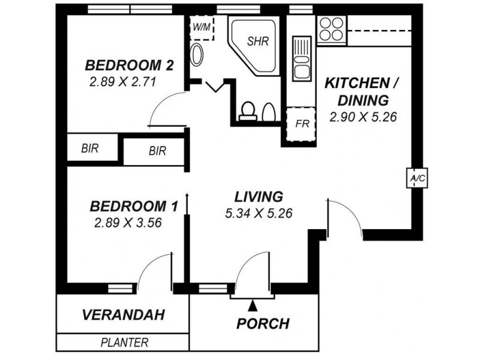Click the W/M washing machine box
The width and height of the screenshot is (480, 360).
(202, 28)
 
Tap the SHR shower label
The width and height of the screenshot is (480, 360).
(258, 41)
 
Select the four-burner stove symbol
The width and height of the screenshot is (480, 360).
(331, 29)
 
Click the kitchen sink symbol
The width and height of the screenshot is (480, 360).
(302, 58)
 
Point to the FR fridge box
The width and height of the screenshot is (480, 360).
(301, 124)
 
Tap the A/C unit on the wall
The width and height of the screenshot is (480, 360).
(417, 178)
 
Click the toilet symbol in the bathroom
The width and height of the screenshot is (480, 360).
(248, 111)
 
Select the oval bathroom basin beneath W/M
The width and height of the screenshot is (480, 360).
(197, 55)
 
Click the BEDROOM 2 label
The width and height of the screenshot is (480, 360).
(129, 65)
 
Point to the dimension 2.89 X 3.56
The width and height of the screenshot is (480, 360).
(128, 223)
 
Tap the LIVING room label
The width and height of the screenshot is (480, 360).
(259, 197)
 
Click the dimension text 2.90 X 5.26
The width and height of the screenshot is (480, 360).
(363, 116)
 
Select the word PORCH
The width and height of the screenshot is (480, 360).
(263, 323)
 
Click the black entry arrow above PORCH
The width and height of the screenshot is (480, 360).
(252, 305)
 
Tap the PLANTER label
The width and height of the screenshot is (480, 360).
(124, 342)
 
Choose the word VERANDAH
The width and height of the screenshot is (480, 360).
(124, 315)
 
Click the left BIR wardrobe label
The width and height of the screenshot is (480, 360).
(89, 148)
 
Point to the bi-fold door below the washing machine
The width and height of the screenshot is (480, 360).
(216, 86)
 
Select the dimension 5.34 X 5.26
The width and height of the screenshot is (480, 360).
(259, 214)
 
